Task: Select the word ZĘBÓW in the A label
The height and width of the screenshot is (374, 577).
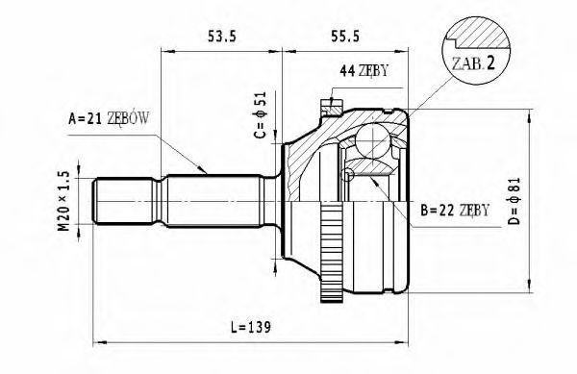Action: [134, 119]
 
